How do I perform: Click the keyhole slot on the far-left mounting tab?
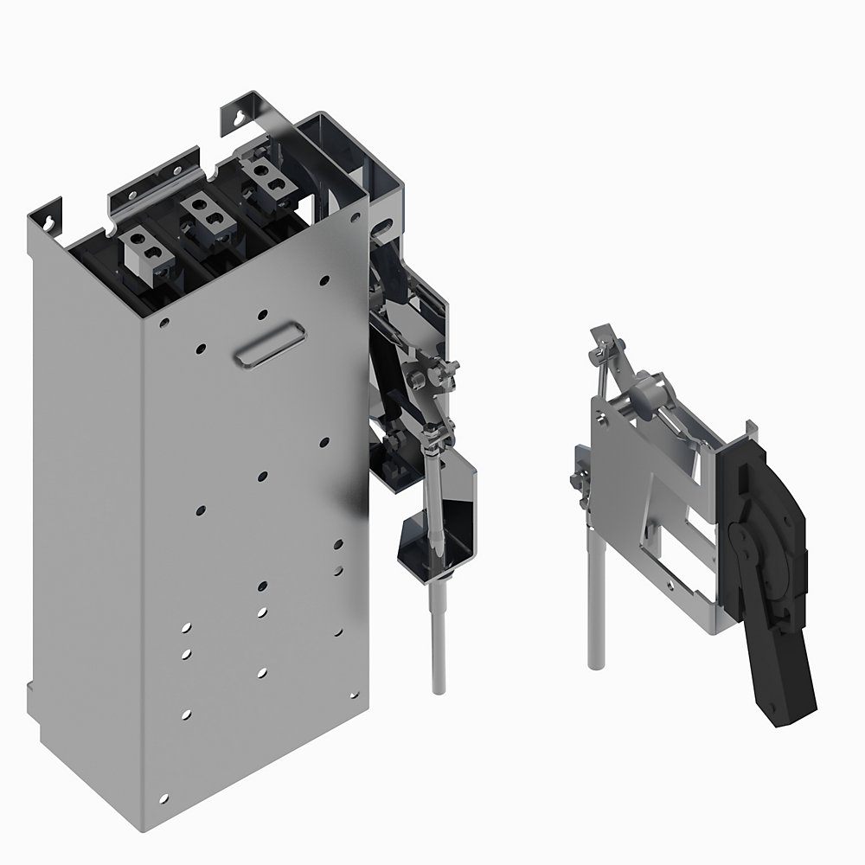click(x=53, y=217)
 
